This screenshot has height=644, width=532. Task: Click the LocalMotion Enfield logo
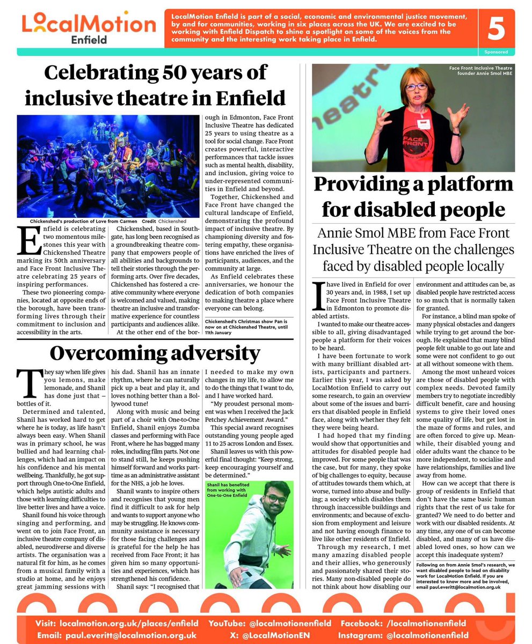click(89, 28)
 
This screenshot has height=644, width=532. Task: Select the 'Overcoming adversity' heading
click(155, 353)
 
